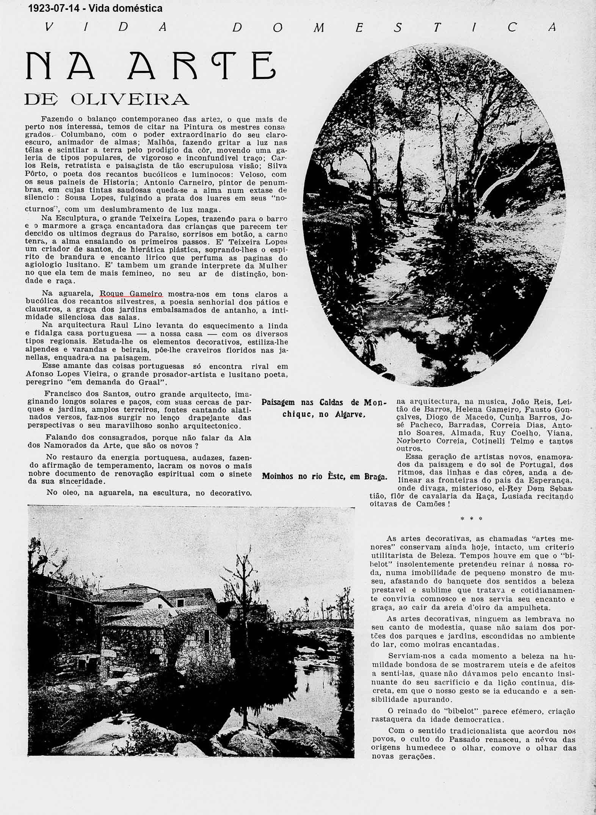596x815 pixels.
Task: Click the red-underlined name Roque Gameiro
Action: tap(131, 294)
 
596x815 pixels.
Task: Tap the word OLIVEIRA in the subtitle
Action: tap(129, 99)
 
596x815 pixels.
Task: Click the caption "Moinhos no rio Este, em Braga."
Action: tap(324, 477)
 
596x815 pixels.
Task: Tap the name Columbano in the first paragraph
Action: tap(82, 135)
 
